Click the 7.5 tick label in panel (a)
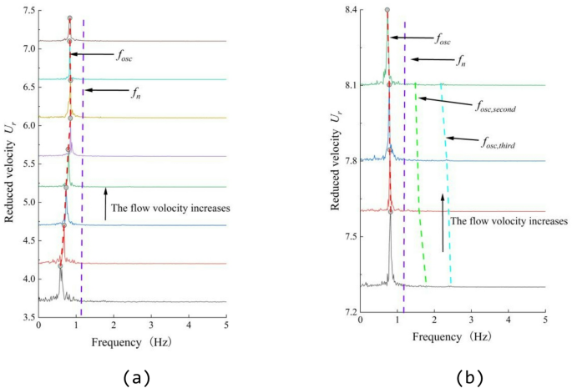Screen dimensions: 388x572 point(25,11)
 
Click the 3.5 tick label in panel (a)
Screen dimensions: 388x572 point(25,318)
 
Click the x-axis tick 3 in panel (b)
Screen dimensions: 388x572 point(471,321)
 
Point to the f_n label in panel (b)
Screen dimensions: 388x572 point(460,60)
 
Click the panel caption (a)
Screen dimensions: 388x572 point(136,377)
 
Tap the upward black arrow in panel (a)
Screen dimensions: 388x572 point(105,204)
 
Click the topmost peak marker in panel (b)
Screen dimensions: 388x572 point(387,11)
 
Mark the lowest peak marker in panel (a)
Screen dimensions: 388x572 point(60,266)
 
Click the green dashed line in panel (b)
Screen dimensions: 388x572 point(420,184)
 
